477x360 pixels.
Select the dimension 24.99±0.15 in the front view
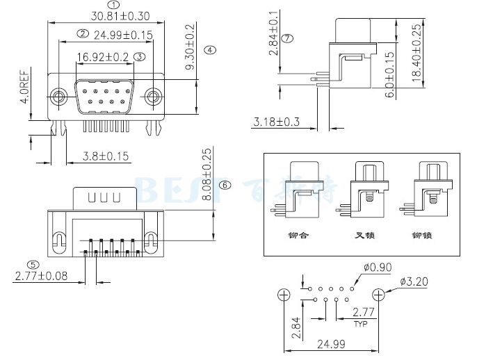coord(122,34)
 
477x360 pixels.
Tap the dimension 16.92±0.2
coord(103,57)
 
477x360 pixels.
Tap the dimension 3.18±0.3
coord(276,122)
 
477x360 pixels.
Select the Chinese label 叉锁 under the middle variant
coord(365,235)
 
